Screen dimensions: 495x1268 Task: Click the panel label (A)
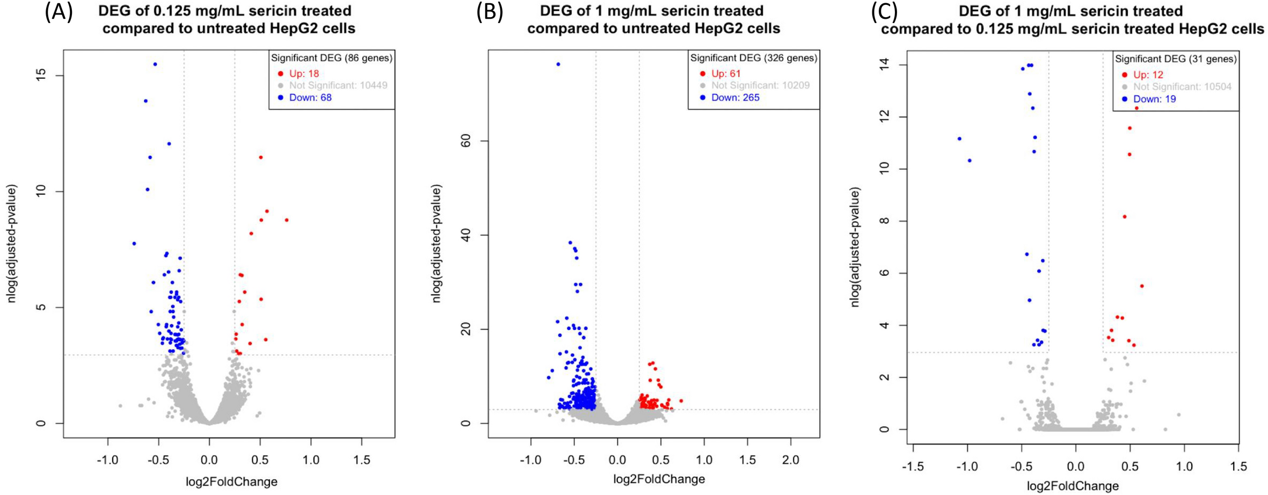click(59, 12)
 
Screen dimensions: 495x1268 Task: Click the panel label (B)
click(489, 12)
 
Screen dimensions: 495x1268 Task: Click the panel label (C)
click(884, 12)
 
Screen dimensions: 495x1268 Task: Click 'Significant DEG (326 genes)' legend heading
click(753, 58)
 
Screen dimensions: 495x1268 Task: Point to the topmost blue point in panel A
click(155, 64)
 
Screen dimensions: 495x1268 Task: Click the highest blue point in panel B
click(558, 64)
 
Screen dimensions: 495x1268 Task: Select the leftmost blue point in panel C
click(959, 139)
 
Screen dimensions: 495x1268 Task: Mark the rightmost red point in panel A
click(287, 220)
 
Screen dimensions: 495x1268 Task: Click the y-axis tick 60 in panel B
click(465, 141)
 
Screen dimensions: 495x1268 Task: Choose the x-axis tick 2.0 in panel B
click(791, 460)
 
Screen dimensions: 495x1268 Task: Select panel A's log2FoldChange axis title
click(231, 482)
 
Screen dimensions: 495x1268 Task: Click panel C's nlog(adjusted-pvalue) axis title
click(855, 247)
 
